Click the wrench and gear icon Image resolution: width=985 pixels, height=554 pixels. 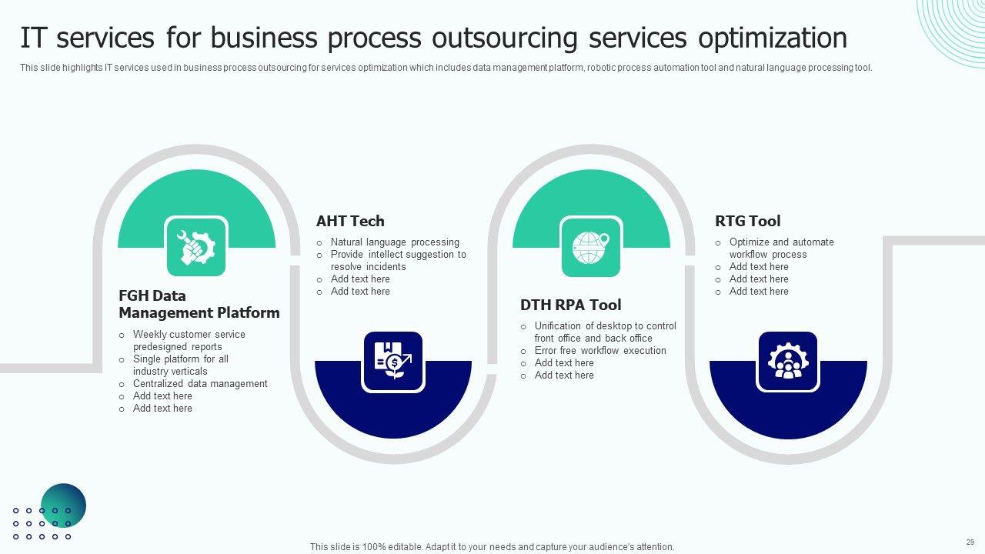pyautogui.click(x=196, y=248)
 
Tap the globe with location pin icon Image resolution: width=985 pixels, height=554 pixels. pyautogui.click(x=590, y=248)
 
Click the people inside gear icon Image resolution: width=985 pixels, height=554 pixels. pyautogui.click(x=787, y=361)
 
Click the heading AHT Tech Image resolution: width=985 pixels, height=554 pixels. pyautogui.click(x=350, y=221)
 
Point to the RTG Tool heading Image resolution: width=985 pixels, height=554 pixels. pyautogui.click(x=747, y=221)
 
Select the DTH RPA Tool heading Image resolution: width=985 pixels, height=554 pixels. pyautogui.click(x=570, y=305)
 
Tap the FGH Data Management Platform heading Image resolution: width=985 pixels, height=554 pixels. pyautogui.click(x=199, y=304)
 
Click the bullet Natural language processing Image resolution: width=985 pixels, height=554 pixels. pyautogui.click(x=395, y=242)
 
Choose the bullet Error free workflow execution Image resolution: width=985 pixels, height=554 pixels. pyautogui.click(x=600, y=350)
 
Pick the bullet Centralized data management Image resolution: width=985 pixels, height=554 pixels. pyautogui.click(x=200, y=383)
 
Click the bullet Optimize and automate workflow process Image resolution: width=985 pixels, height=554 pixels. pyautogui.click(x=781, y=248)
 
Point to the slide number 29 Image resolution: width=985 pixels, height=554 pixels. pyautogui.click(x=970, y=542)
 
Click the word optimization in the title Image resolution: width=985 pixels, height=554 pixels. pyautogui.click(x=772, y=38)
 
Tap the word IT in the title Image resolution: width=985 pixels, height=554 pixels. pyautogui.click(x=32, y=38)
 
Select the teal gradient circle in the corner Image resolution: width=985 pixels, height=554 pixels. pyautogui.click(x=63, y=506)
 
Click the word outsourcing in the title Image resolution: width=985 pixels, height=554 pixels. pyautogui.click(x=504, y=38)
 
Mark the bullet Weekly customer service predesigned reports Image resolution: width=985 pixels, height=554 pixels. pyautogui.click(x=189, y=340)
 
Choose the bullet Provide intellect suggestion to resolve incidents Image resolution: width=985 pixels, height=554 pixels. pyautogui.click(x=398, y=260)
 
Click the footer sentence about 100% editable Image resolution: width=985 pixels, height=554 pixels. pyautogui.click(x=492, y=546)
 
